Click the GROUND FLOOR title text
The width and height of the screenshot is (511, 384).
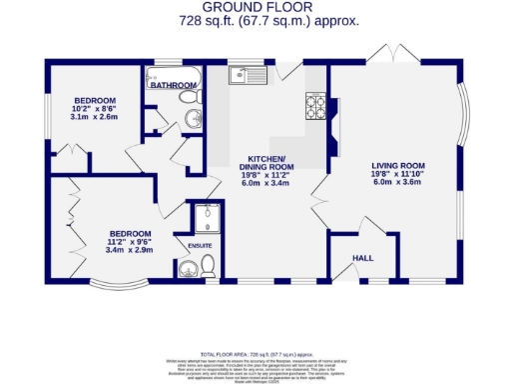tap(255, 6)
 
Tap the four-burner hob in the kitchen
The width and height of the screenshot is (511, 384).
tap(314, 104)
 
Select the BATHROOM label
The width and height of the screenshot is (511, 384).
tap(172, 86)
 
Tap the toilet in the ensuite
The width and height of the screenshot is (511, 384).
tap(208, 266)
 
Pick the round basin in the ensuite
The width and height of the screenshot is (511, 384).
tap(187, 269)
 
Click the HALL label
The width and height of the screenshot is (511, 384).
tap(362, 259)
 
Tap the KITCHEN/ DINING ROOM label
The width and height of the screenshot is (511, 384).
tap(266, 165)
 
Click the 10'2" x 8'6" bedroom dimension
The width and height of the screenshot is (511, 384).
tap(96, 109)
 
